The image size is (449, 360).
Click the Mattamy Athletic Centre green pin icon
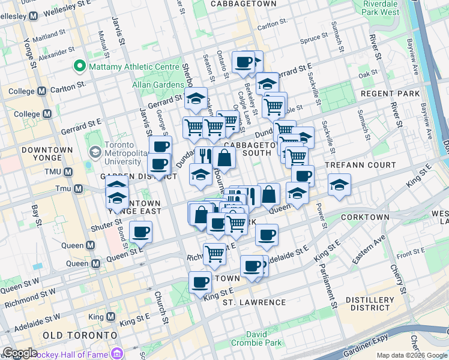pos(79,66)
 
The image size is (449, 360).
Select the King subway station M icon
pos(109,316)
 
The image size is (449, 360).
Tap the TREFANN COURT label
pos(360,165)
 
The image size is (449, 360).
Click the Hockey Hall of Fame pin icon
pos(116,353)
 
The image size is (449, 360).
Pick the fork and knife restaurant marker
pos(204,156)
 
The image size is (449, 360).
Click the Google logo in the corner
pos(19,353)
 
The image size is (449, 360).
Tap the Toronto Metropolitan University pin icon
pos(93,149)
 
